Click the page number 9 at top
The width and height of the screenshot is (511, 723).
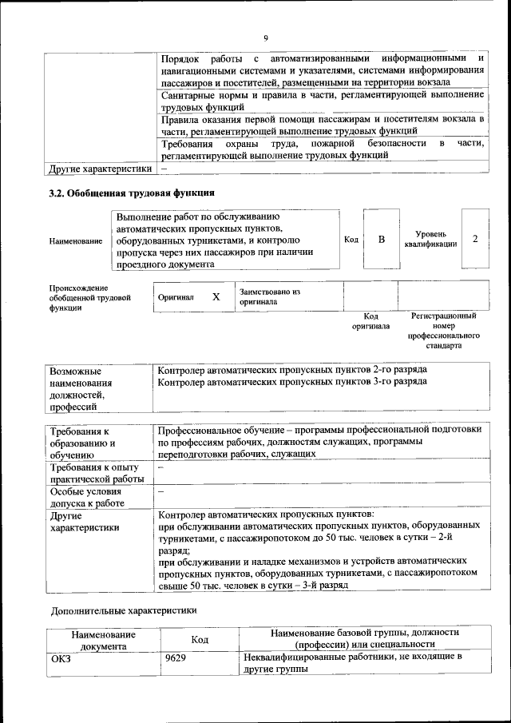(266, 38)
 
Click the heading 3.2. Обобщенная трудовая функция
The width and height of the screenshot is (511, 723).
(132, 193)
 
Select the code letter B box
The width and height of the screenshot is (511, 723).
(381, 240)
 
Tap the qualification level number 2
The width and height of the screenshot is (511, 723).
(475, 240)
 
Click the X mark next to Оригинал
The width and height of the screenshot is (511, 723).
(216, 296)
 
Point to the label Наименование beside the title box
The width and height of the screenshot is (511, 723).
(75, 240)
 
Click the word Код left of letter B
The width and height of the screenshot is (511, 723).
(351, 240)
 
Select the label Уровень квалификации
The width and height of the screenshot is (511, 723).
(430, 238)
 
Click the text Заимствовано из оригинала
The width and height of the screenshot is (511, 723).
(269, 297)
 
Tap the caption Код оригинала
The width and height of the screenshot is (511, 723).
(370, 321)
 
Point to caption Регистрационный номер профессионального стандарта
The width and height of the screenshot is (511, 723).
(444, 332)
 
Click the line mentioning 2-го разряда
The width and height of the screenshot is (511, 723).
(292, 371)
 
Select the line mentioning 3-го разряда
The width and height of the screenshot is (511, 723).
(292, 382)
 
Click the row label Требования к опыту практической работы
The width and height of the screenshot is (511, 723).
(96, 473)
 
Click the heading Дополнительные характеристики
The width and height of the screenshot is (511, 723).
(123, 610)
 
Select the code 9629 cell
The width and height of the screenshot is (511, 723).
(176, 658)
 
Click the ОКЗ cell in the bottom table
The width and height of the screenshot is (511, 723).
(61, 658)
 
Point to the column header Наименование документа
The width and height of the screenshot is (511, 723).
(103, 641)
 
